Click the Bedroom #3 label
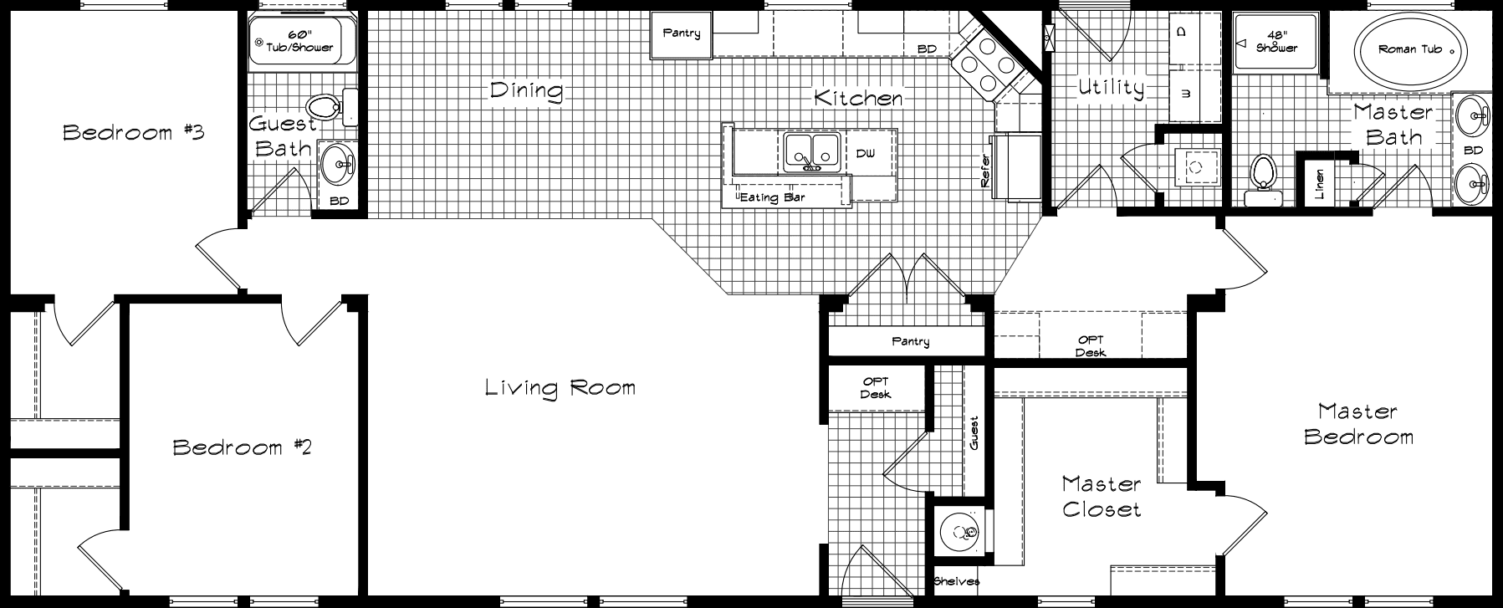134,132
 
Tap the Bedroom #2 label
242,447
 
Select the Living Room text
560,388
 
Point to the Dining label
526,90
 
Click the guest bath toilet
329,107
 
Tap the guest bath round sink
340,165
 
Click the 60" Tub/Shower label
299,41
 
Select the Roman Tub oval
1409,50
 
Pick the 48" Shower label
1276,42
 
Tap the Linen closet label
1320,183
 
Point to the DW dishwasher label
865,154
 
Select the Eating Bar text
772,197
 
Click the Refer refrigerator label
985,171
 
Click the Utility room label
1111,88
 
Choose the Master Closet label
1101,496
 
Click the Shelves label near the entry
956,581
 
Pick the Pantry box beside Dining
682,34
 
